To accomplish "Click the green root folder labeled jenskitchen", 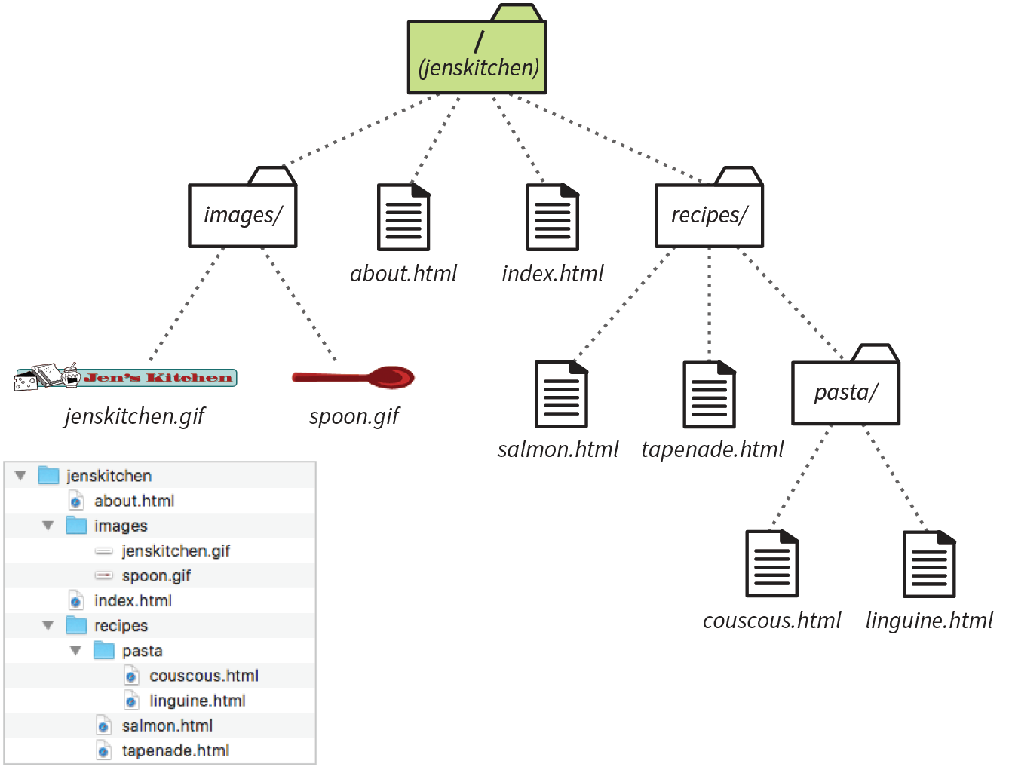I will click(477, 57).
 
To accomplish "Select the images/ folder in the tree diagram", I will click(242, 215).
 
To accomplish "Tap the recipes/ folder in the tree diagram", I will click(709, 215).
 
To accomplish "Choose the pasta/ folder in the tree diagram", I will click(845, 392).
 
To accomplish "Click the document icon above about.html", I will click(403, 217).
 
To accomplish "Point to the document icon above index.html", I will click(552, 217).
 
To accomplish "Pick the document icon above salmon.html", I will click(561, 394).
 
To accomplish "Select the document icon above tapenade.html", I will click(709, 394).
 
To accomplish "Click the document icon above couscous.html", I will click(771, 563).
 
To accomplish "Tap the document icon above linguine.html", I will click(929, 563).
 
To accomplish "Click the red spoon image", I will click(354, 376).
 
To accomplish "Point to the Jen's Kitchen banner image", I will click(125, 376).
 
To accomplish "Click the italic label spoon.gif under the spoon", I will click(354, 416).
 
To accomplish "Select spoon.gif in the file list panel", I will click(156, 576).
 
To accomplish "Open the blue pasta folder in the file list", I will click(104, 650).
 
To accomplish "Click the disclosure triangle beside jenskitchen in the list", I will click(20, 476).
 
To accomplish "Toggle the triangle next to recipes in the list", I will click(48, 626).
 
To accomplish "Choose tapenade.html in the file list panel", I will click(175, 750).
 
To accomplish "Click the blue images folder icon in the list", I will click(76, 526).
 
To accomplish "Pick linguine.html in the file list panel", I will click(197, 701).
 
